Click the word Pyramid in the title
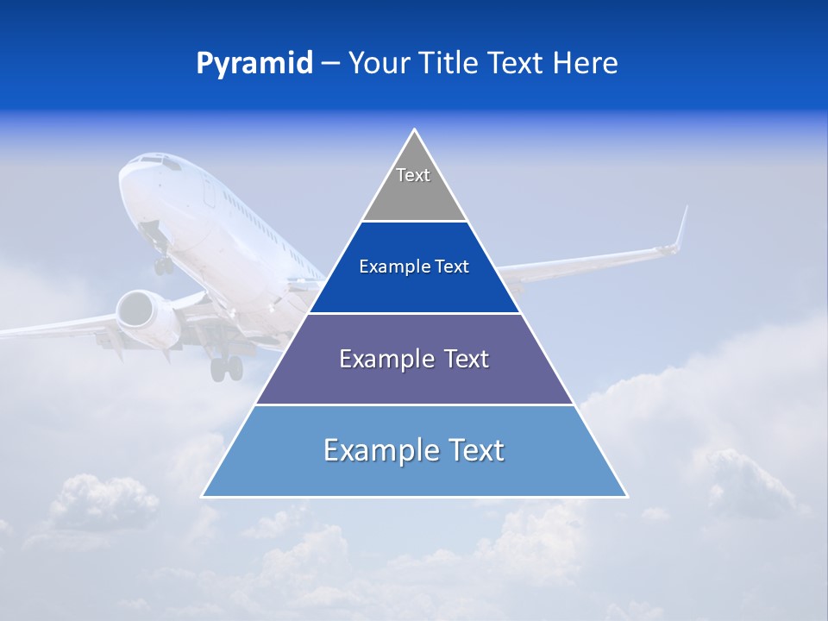(x=254, y=64)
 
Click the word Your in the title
(x=377, y=63)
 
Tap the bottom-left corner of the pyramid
(x=204, y=496)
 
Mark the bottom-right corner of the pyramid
(x=626, y=496)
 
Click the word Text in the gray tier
(x=413, y=175)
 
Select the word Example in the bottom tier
(x=373, y=450)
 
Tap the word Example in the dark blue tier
(x=387, y=267)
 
